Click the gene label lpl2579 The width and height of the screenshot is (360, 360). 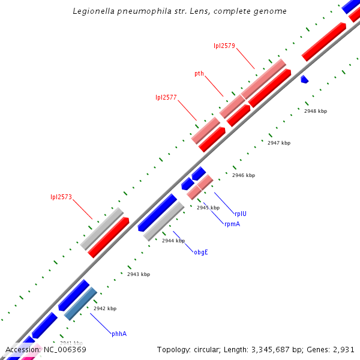tap(224, 45)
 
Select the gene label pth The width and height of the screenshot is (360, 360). tap(199, 74)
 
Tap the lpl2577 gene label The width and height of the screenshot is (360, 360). tap(166, 97)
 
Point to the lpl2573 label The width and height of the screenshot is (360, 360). tap(61, 197)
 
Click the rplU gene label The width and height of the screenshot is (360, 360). tap(241, 213)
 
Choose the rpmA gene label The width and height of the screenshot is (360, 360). tap(232, 224)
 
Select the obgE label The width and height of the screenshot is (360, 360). tap(200, 252)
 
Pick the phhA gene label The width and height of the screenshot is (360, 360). tap(119, 334)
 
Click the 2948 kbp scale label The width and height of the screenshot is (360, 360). tap(316, 111)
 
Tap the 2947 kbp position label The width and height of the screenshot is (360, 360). tap(279, 143)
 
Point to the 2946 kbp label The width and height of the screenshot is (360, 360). tap(244, 175)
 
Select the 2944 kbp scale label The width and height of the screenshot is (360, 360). tap(173, 240)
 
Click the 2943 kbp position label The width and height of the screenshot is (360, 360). tap(139, 274)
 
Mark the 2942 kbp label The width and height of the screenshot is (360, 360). tap(105, 308)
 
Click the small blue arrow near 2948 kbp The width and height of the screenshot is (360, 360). tap(304, 79)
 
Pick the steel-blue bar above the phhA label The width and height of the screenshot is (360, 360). tap(80, 303)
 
